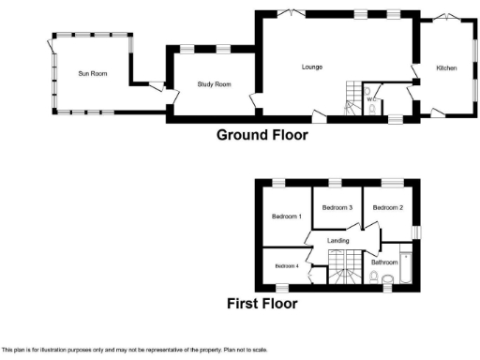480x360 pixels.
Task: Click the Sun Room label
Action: coord(92,73)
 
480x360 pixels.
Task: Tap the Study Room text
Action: coord(214,84)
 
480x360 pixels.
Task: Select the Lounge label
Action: coord(312,67)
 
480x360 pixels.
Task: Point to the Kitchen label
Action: coord(446,68)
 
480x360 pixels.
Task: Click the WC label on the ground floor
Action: coord(371,97)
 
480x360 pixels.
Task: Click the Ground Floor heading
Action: coord(262,135)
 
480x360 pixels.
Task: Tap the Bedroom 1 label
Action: coord(286,217)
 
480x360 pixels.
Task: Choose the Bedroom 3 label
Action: coord(337,207)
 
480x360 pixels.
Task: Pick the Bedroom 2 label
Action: coord(387,207)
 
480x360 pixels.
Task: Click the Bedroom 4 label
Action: coord(286,266)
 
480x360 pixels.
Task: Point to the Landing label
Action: coord(337,241)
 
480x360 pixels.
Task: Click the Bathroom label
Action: coord(384,262)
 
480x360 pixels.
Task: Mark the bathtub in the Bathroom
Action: coord(406,265)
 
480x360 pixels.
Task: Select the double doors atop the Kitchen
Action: coord(444,17)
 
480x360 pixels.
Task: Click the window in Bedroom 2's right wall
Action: coord(418,232)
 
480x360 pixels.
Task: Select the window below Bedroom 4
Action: coord(281,285)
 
